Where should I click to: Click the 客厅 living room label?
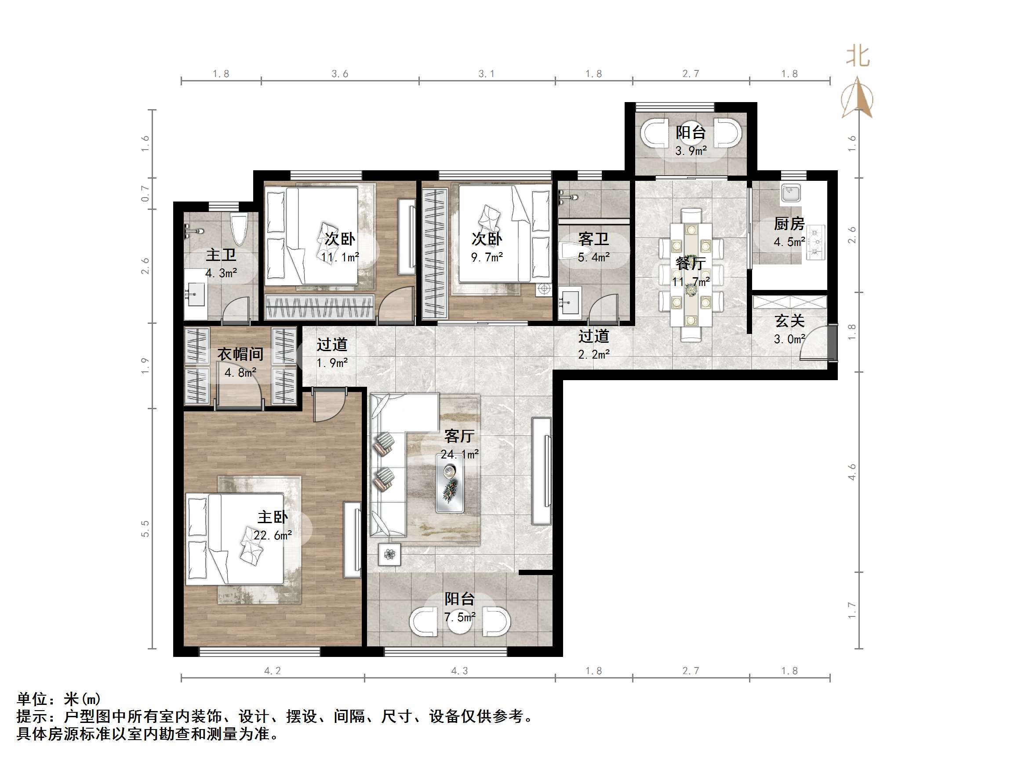point(459,436)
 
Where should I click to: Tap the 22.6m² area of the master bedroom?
point(273,535)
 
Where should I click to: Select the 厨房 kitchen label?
point(789,224)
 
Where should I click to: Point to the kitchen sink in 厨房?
point(791,193)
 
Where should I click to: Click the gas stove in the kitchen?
point(815,242)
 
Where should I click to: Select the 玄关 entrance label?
point(789,321)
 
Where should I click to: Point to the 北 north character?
point(858,57)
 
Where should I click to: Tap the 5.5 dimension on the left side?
point(145,528)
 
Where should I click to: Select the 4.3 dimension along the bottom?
point(459,671)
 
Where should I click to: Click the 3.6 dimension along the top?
point(340,73)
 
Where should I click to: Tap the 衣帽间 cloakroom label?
point(240,354)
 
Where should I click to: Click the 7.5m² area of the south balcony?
point(459,618)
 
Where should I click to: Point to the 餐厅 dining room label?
point(690,264)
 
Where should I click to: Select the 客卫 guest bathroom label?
point(593,239)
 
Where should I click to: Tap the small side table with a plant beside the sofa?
point(389,554)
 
